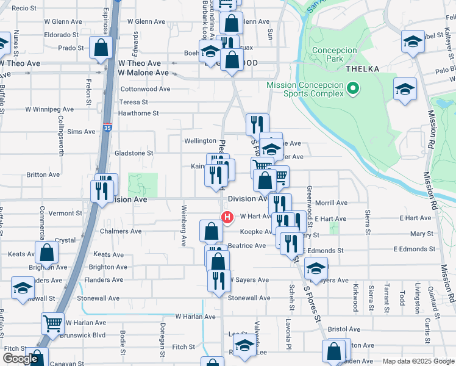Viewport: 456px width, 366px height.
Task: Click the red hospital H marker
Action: coord(227,217)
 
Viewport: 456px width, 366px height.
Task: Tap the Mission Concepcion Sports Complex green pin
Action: coord(352,89)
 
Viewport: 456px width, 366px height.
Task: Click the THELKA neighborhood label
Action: coord(363,69)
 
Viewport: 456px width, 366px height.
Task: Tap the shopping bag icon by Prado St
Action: coord(101,47)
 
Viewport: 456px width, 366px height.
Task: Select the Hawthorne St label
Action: coord(138,113)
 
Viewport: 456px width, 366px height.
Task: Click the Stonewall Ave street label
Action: coord(248,298)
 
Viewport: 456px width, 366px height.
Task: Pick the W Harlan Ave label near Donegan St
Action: coord(195,317)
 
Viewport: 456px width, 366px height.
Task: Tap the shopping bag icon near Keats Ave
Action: coord(46,253)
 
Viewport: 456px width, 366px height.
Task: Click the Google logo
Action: coord(20,359)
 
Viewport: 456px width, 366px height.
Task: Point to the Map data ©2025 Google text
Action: coord(418,361)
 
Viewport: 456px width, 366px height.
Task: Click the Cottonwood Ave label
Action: coord(145,88)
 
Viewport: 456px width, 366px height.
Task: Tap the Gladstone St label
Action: coord(134,153)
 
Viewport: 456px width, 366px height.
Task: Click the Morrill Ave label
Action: coord(331,203)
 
